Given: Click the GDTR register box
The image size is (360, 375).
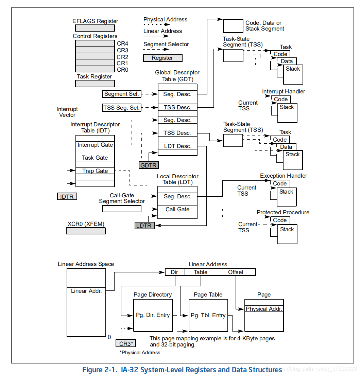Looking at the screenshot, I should pos(149,165).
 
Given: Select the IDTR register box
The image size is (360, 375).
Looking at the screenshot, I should pos(67,196).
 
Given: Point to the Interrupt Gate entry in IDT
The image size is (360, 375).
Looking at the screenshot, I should pos(95,145).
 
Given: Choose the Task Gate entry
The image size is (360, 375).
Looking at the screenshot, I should pos(95,158).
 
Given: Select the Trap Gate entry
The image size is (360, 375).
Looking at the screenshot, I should pos(95,171).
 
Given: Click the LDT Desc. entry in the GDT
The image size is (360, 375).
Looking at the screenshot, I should pos(177,146).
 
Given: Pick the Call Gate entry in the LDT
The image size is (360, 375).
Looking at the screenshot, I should pos(177,209).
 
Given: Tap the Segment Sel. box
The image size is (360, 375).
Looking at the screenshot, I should pos(121,94).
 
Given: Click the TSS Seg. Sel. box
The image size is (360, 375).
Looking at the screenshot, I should pos(122,108).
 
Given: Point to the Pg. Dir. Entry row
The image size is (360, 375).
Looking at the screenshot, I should pos(153,315).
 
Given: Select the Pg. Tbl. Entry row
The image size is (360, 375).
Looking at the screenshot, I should pos(208,316).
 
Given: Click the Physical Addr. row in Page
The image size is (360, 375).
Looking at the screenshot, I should pos(264,309).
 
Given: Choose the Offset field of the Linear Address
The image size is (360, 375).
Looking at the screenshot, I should pos(236,272).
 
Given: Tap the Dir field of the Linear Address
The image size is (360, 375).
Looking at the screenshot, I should pos(175,272).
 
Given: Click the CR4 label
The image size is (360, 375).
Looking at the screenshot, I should pos(122,43).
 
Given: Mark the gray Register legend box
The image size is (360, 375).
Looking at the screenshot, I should pos(162,58).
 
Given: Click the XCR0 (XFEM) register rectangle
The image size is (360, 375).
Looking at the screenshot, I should pos(86,231).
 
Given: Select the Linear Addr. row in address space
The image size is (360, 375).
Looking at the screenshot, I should pos(86,291).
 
